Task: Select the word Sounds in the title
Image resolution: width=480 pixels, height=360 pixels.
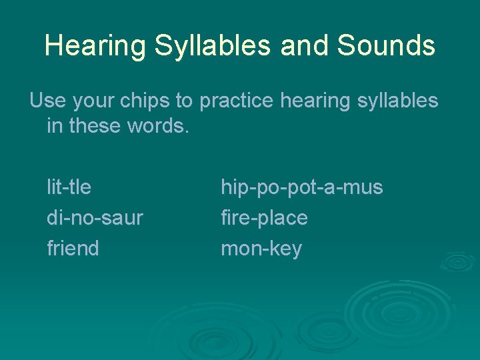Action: (386, 46)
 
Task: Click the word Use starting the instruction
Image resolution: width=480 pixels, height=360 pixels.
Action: (45, 101)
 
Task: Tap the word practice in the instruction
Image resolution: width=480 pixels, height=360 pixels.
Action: (237, 101)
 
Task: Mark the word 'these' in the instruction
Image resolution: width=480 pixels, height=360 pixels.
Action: (93, 126)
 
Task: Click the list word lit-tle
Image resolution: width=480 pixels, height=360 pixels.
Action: (69, 187)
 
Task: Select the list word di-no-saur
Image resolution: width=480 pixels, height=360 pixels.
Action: (95, 218)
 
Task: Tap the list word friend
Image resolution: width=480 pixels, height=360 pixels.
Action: (73, 249)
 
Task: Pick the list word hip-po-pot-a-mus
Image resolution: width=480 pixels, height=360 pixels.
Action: (302, 187)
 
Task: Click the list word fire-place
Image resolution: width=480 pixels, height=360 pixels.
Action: (264, 218)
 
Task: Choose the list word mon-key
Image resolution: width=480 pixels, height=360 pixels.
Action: (261, 249)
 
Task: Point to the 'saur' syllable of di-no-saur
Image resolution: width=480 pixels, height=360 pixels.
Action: (125, 218)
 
